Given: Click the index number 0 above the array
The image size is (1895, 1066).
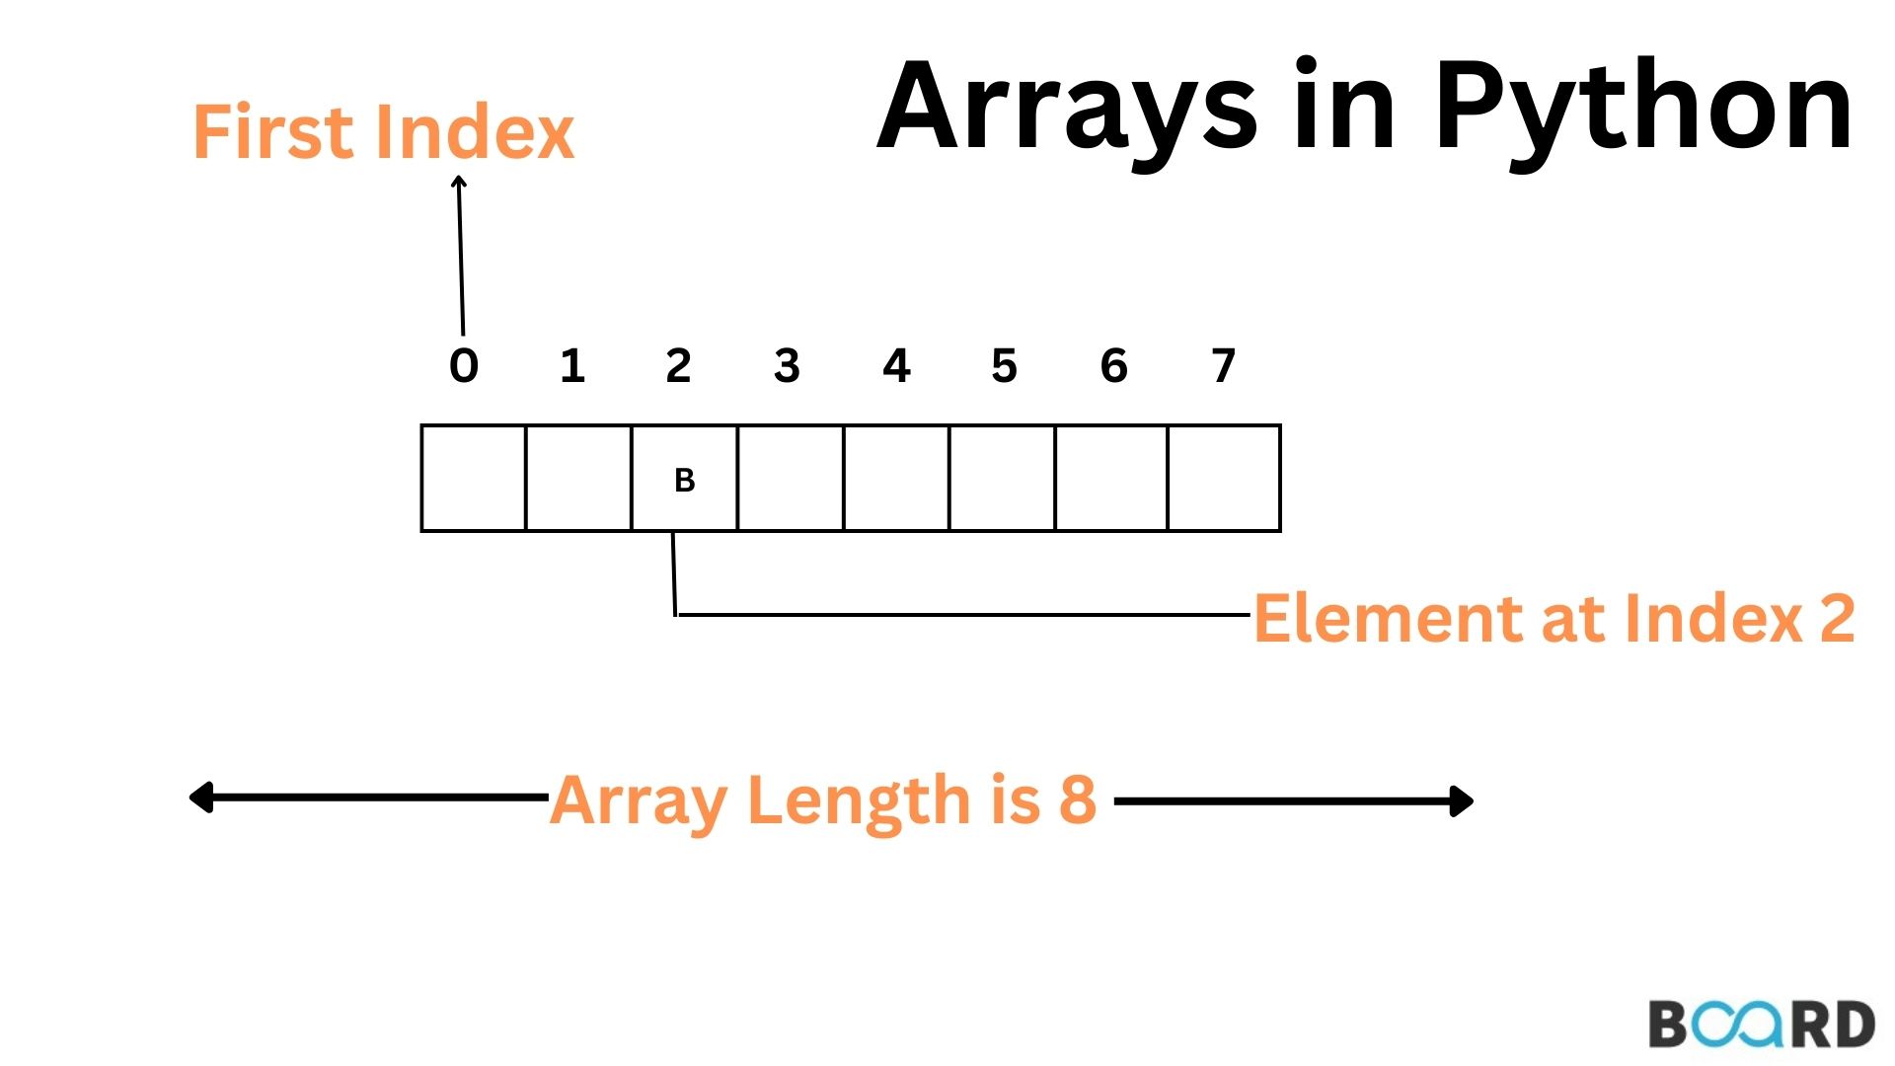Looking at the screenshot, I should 464,366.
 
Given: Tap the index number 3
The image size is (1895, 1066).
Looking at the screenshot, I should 787,366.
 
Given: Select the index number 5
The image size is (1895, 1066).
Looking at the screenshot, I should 1004,366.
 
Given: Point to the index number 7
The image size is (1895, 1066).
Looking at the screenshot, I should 1223,366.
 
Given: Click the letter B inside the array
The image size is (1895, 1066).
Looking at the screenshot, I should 684,481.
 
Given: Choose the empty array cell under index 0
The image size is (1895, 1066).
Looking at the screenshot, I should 474,479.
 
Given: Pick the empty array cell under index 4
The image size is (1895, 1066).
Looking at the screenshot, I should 896,479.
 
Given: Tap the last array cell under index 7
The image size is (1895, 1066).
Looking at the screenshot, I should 1224,479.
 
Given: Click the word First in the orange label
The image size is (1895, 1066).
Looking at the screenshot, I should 272,131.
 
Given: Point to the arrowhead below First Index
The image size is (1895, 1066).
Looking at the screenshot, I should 458,184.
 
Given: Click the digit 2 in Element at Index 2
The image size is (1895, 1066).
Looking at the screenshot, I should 1837,619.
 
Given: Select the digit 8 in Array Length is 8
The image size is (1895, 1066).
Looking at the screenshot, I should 1078,799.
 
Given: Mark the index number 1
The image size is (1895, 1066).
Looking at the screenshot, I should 572,366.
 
